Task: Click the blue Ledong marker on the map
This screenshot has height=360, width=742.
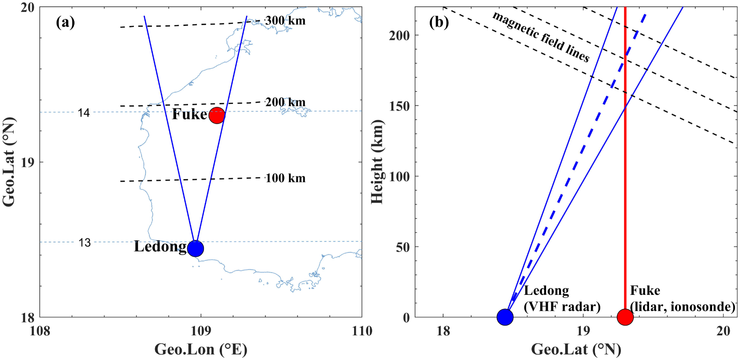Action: click(195, 249)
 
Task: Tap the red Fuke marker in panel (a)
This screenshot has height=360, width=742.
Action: click(217, 115)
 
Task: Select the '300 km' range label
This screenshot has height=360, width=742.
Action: click(285, 21)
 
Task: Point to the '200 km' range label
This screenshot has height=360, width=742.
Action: click(285, 102)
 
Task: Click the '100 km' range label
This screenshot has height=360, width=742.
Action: click(285, 178)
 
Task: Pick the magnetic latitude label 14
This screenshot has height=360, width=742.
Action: click(84, 113)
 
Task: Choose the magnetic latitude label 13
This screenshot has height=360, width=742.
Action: click(85, 242)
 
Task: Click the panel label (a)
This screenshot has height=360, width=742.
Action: click(65, 22)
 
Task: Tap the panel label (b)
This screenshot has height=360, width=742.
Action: click(439, 22)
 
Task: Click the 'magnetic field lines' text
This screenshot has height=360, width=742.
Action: click(541, 37)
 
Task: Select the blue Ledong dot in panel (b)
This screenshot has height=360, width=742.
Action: click(505, 317)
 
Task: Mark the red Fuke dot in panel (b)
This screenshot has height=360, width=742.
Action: click(625, 317)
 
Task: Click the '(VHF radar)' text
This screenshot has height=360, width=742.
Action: click(562, 307)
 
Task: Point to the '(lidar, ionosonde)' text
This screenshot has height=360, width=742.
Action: click(683, 307)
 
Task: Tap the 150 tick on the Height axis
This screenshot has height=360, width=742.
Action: click(399, 106)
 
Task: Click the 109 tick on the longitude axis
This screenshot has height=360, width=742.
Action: click(201, 330)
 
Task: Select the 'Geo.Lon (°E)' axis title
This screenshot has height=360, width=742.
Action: click(201, 349)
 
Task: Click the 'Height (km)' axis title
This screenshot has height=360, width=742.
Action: click(377, 162)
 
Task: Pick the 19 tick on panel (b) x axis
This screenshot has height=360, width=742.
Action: click(583, 330)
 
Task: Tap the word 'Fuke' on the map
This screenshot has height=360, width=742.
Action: click(189, 114)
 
